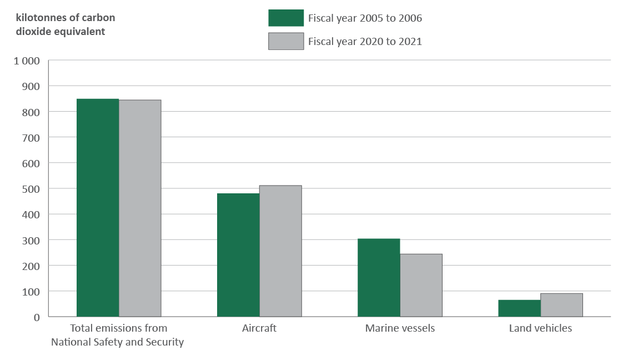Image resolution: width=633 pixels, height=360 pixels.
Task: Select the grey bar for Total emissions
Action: tap(140, 208)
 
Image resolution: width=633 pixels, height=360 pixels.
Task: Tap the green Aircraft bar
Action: tap(238, 255)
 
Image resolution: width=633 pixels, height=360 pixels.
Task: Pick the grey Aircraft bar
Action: tap(280, 251)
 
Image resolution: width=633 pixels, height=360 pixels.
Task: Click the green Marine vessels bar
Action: tap(379, 278)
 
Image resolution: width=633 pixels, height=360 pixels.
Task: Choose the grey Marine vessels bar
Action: tap(421, 285)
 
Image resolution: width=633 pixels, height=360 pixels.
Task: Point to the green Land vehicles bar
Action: tap(519, 308)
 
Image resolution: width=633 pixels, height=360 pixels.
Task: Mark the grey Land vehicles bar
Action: tap(561, 305)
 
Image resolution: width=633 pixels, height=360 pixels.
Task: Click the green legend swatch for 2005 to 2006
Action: tap(286, 18)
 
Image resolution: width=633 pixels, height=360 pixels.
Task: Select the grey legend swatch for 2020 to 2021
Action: tap(286, 41)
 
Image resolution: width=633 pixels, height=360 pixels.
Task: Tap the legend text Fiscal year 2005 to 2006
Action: tap(365, 18)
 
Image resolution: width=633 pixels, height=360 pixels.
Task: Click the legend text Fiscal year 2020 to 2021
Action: tap(365, 42)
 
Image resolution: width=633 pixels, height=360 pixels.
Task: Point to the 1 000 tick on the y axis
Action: tap(27, 61)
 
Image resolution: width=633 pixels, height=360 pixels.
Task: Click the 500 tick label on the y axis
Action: tap(32, 189)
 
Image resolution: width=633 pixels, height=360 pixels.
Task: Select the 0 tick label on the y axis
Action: tap(37, 317)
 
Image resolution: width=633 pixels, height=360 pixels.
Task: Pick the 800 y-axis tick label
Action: tap(32, 112)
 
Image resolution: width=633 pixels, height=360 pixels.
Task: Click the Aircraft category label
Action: tap(259, 328)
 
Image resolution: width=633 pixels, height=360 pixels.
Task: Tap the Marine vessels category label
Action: tap(400, 328)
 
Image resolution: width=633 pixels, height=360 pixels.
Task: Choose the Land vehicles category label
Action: tap(540, 328)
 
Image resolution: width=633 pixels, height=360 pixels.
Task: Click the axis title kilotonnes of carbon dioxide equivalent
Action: tap(66, 24)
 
